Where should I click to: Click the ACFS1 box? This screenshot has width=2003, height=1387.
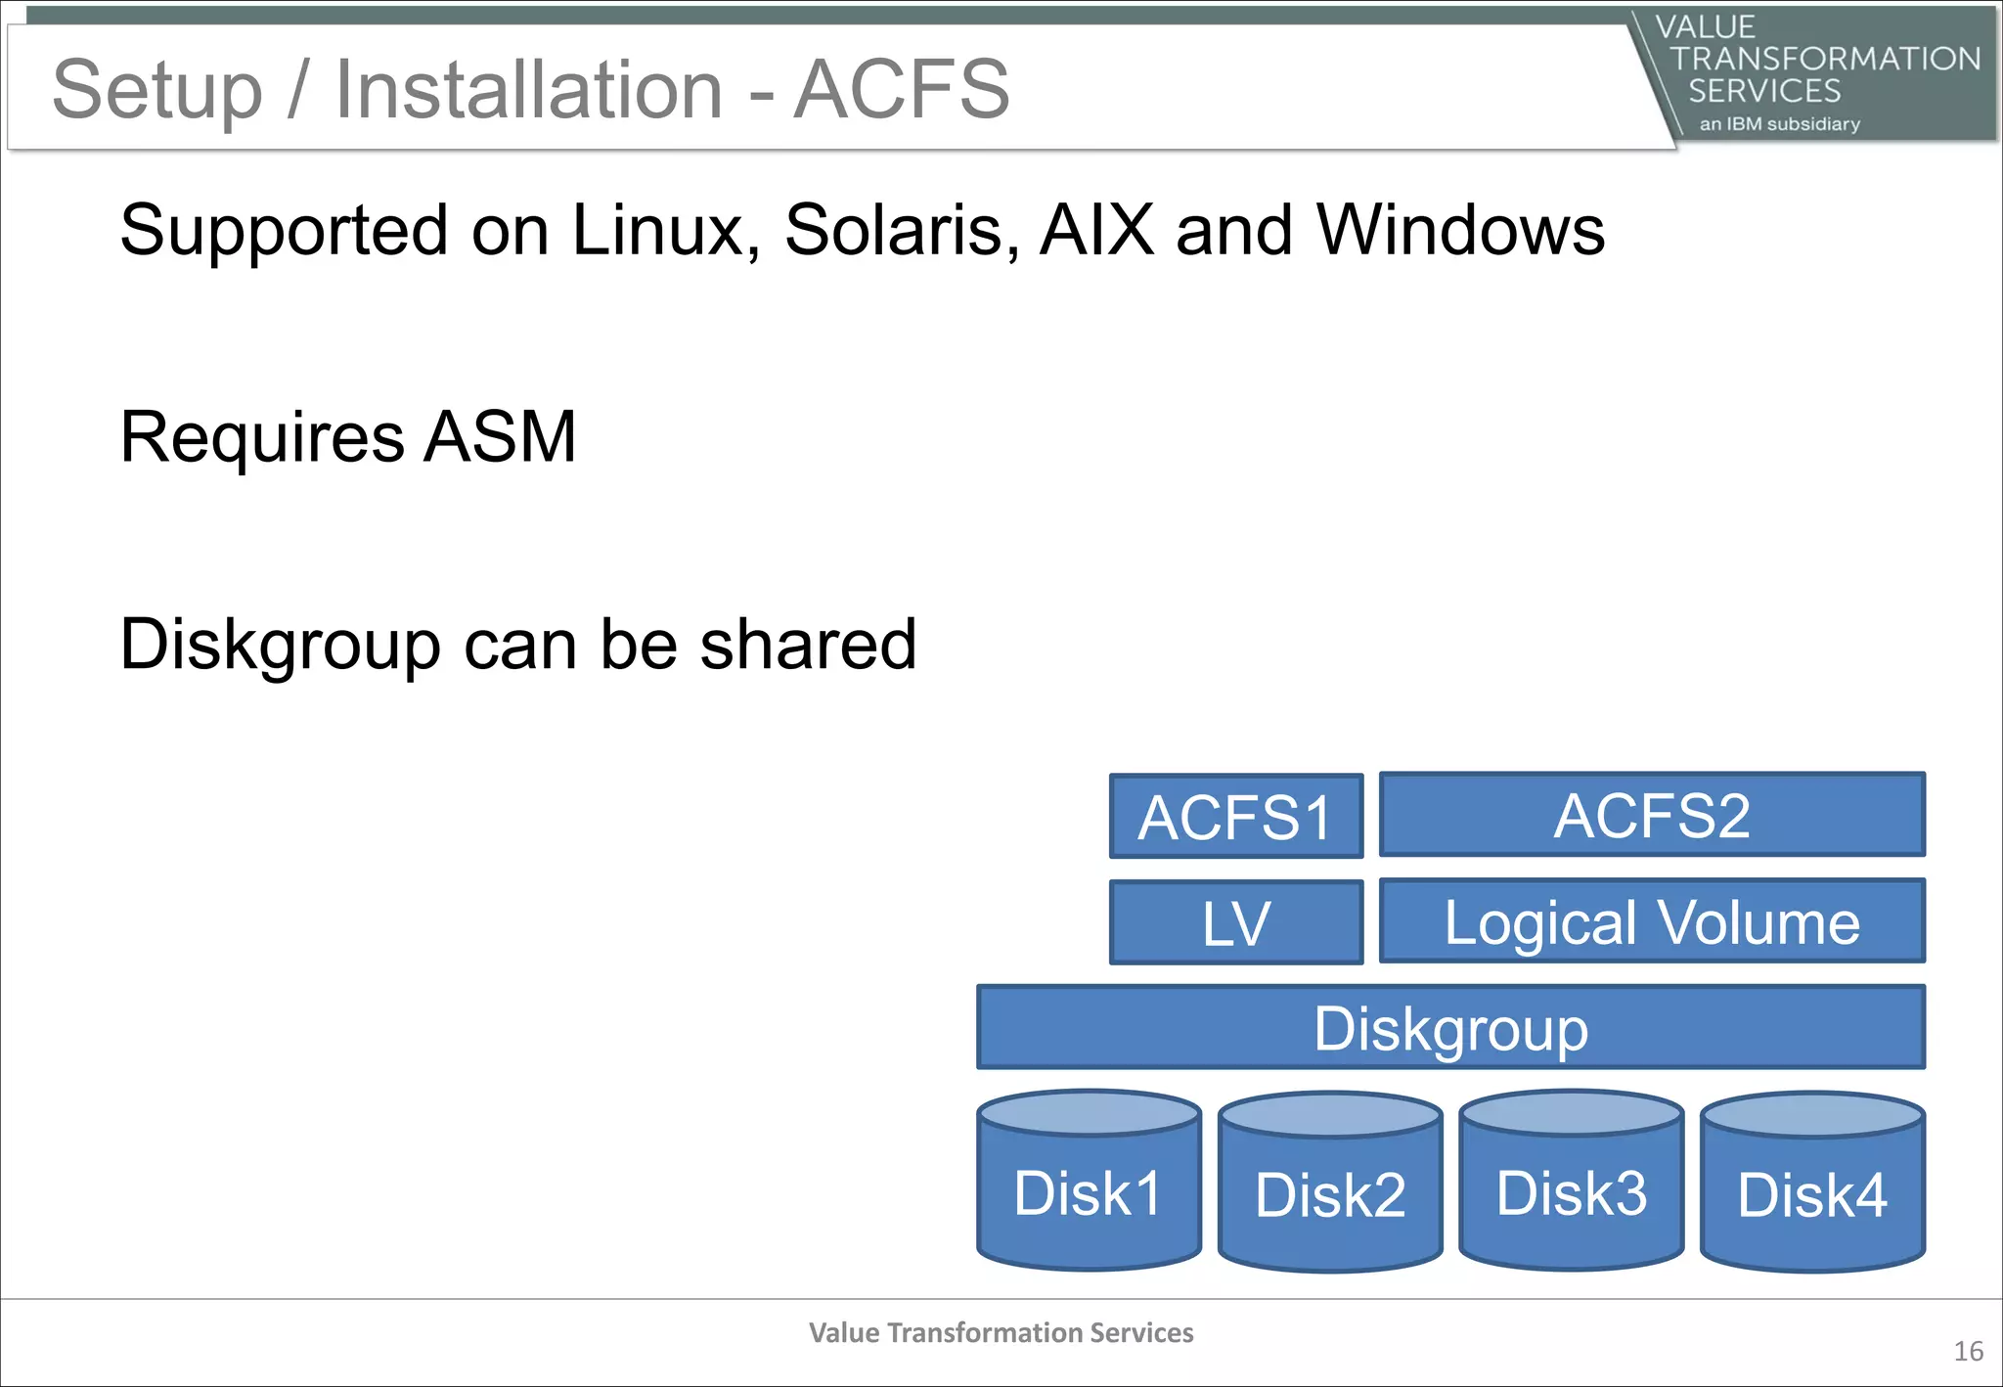pyautogui.click(x=1235, y=816)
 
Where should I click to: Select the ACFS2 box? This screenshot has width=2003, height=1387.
pyautogui.click(x=1651, y=814)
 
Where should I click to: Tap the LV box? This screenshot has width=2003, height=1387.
pyautogui.click(x=1235, y=921)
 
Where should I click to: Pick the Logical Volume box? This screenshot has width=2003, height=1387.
pyautogui.click(x=1651, y=920)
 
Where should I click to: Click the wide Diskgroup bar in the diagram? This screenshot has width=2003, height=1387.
pyautogui.click(x=1450, y=1027)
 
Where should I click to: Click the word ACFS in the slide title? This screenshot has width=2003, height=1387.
pyautogui.click(x=901, y=89)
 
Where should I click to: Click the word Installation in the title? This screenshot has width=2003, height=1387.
pyautogui.click(x=528, y=89)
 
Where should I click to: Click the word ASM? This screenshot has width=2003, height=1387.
pyautogui.click(x=500, y=436)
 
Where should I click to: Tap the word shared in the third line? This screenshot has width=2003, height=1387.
pyautogui.click(x=808, y=644)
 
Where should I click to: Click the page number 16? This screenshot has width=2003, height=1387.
pyautogui.click(x=1968, y=1352)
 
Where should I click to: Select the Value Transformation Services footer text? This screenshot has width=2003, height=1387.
pyautogui.click(x=1001, y=1332)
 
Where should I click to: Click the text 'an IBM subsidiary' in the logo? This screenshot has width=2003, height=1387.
pyautogui.click(x=1779, y=124)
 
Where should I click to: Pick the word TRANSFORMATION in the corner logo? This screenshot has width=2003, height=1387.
pyautogui.click(x=1825, y=59)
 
